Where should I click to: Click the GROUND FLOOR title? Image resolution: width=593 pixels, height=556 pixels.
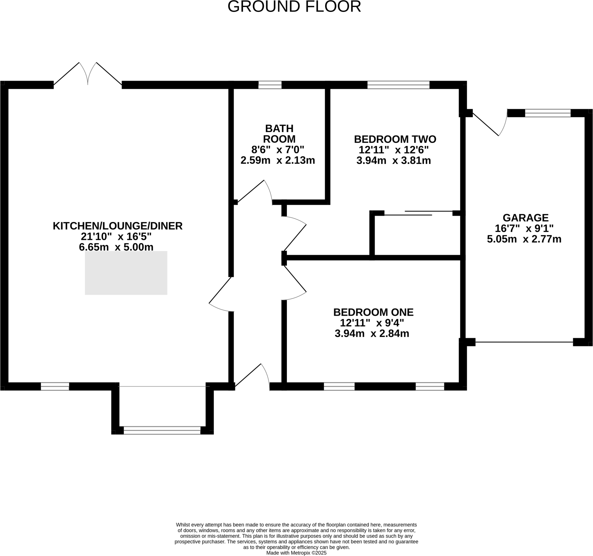coord(294,7)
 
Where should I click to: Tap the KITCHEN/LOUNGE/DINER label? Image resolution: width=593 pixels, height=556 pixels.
coord(118,226)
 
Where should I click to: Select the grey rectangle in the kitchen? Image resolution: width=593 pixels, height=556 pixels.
coord(126,273)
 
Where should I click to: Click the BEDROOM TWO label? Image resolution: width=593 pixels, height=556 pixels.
coord(395,139)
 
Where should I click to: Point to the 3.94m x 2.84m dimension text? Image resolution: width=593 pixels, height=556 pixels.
coord(372,334)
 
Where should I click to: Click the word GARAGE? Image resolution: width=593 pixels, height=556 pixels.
coord(525,218)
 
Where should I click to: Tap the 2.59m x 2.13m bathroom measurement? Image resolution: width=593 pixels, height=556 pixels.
coord(277,160)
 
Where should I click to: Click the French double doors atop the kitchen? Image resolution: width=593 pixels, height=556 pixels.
coord(88,75)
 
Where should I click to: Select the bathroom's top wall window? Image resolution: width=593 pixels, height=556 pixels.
coord(270,85)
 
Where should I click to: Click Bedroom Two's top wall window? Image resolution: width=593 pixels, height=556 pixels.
coord(398,85)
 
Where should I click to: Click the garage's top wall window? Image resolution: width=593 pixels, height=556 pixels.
coord(548,113)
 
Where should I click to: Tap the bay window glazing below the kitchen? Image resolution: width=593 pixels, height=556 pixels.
coord(162,430)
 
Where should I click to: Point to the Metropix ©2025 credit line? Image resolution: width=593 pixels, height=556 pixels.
coord(296,553)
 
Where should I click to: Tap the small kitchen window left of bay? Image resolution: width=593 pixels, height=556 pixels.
coord(55,387)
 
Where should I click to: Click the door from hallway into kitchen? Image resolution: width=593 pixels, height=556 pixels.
coord(221,294)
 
